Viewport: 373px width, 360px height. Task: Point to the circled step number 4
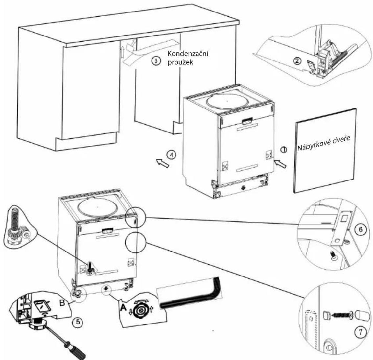click(171, 155)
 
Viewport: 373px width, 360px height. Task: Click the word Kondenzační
click(188, 54)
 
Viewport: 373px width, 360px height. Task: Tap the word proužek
click(180, 62)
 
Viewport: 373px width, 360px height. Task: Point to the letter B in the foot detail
click(62, 303)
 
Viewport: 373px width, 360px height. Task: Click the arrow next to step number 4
click(163, 163)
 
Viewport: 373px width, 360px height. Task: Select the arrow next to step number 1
click(280, 164)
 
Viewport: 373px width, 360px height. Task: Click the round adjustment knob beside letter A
click(142, 310)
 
